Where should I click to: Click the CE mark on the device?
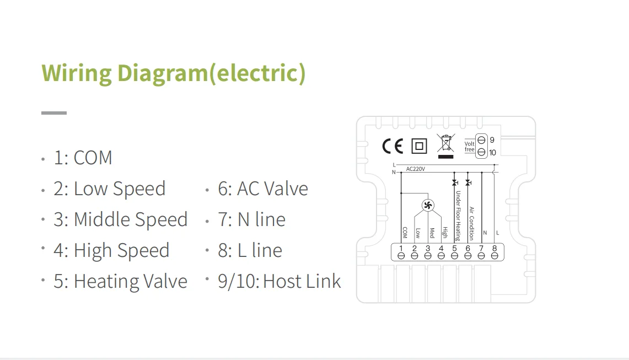coord(393,146)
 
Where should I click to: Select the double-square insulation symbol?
coord(420,146)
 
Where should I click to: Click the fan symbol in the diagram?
coord(428,206)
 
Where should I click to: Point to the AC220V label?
coord(415,169)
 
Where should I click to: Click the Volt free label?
coord(469,147)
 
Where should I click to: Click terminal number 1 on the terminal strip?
coord(401,252)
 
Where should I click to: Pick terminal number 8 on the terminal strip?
coord(494,252)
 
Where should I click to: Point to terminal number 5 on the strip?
coord(455,252)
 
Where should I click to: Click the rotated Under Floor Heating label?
coord(458,216)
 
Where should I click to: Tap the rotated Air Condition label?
coord(471,223)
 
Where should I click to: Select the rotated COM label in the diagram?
coord(405,232)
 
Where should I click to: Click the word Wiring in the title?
coord(77,73)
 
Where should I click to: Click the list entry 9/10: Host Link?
coord(279,281)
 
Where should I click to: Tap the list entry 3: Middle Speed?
coord(120,219)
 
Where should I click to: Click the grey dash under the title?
coord(54,113)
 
